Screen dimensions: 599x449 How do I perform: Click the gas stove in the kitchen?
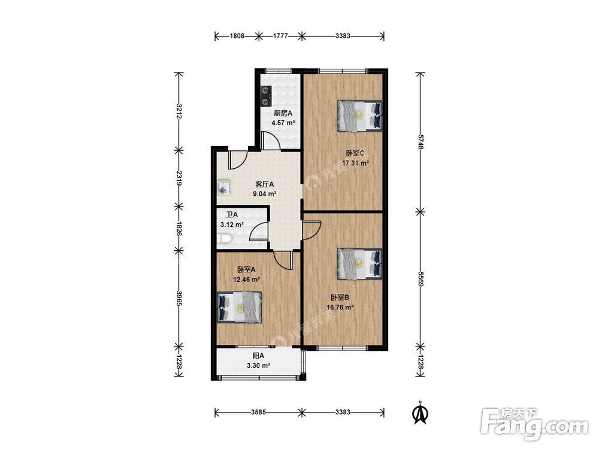[265, 96]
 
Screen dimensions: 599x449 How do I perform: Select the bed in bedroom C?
[360, 116]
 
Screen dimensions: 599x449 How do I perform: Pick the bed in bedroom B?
[360, 264]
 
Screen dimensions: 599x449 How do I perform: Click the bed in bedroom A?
[240, 307]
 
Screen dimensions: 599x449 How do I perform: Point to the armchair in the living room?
[223, 187]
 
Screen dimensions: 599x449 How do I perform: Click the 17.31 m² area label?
[355, 163]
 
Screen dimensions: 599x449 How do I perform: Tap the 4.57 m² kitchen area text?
[283, 123]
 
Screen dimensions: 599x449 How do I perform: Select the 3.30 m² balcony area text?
[259, 365]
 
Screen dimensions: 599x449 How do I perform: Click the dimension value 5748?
[420, 141]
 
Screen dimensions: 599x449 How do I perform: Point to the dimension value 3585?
[259, 412]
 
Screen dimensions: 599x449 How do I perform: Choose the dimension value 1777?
[280, 37]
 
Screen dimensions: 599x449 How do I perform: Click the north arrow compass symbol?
[420, 413]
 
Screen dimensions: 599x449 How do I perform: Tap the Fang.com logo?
[534, 424]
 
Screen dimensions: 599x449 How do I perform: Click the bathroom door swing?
[259, 232]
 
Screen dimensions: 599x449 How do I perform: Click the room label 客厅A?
[265, 184]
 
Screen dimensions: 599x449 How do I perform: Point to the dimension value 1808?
[237, 37]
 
